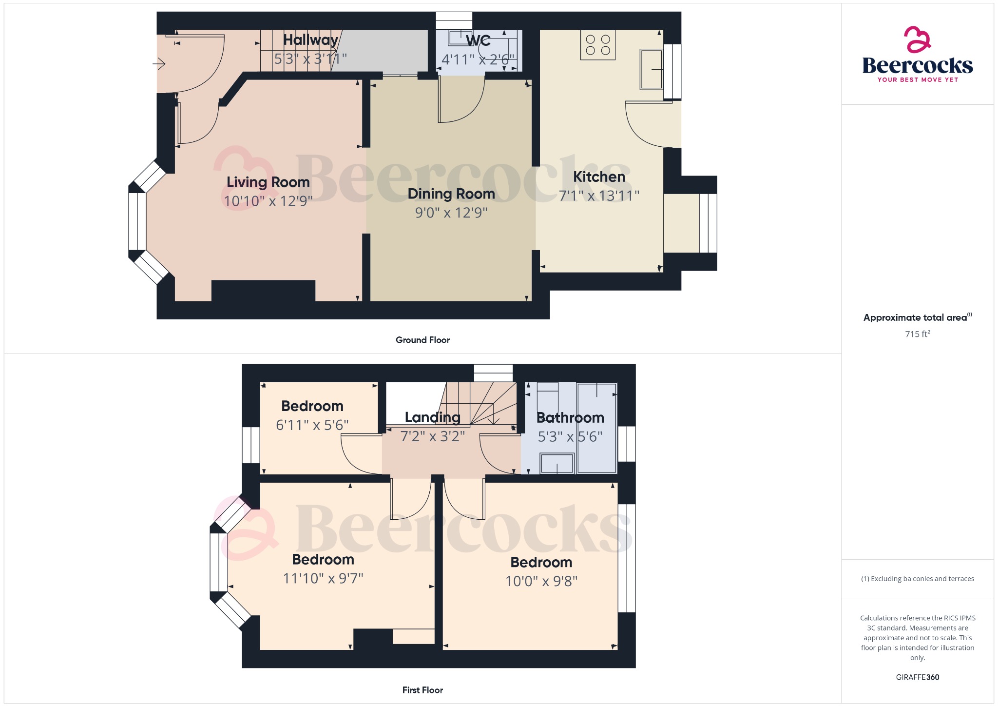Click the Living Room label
point(268,182)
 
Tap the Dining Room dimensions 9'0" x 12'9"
point(451,213)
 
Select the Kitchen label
point(599,177)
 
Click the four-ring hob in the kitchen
point(598,45)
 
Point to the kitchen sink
point(652,69)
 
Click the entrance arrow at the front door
point(159,64)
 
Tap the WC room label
point(478,41)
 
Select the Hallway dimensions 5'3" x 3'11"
point(310,59)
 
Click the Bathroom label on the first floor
point(570,418)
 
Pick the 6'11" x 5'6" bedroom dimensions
point(312,425)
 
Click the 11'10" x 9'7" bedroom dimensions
point(323,579)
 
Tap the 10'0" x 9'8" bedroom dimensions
point(541,581)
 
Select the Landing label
point(433,417)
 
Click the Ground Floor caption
point(422,340)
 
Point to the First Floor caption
point(422,690)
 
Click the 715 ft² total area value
point(918,334)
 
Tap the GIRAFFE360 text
point(918,677)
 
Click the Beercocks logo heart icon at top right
point(918,39)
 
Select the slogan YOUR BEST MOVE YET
point(918,80)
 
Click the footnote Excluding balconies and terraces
point(918,579)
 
